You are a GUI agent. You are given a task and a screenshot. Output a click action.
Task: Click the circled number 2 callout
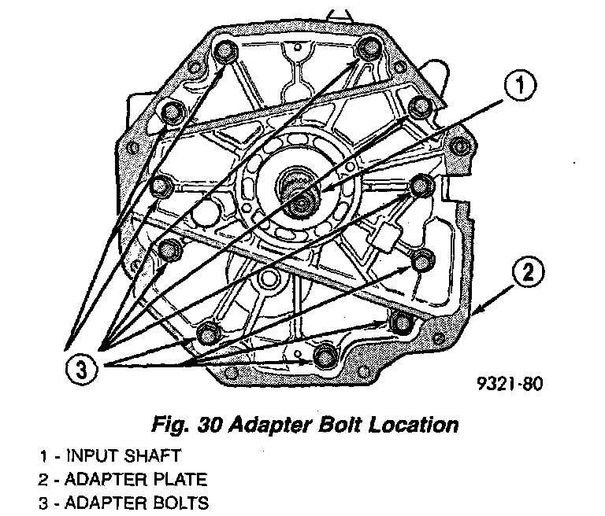[529, 275]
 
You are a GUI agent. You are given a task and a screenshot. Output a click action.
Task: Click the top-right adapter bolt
[367, 49]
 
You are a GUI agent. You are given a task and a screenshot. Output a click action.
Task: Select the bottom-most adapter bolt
[324, 356]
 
